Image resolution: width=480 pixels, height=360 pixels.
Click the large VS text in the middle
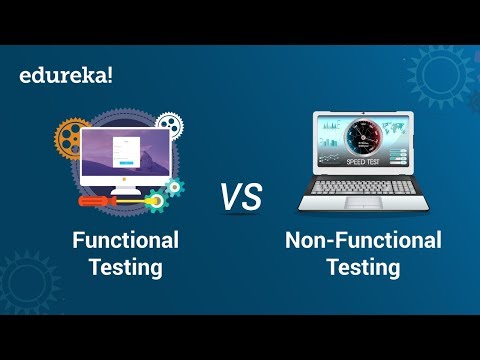pyautogui.click(x=240, y=197)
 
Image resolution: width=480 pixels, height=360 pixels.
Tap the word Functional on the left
pyautogui.click(x=125, y=240)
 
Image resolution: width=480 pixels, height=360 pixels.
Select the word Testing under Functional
pyautogui.click(x=125, y=267)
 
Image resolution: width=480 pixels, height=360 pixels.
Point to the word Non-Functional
pyautogui.click(x=362, y=240)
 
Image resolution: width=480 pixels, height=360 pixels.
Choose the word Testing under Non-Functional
pyautogui.click(x=362, y=267)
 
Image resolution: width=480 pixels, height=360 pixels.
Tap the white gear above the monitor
pyautogui.click(x=170, y=124)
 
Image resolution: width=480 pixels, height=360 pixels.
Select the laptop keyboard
pyautogui.click(x=362, y=190)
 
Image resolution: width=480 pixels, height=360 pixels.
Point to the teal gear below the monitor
pyautogui.click(x=174, y=188)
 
